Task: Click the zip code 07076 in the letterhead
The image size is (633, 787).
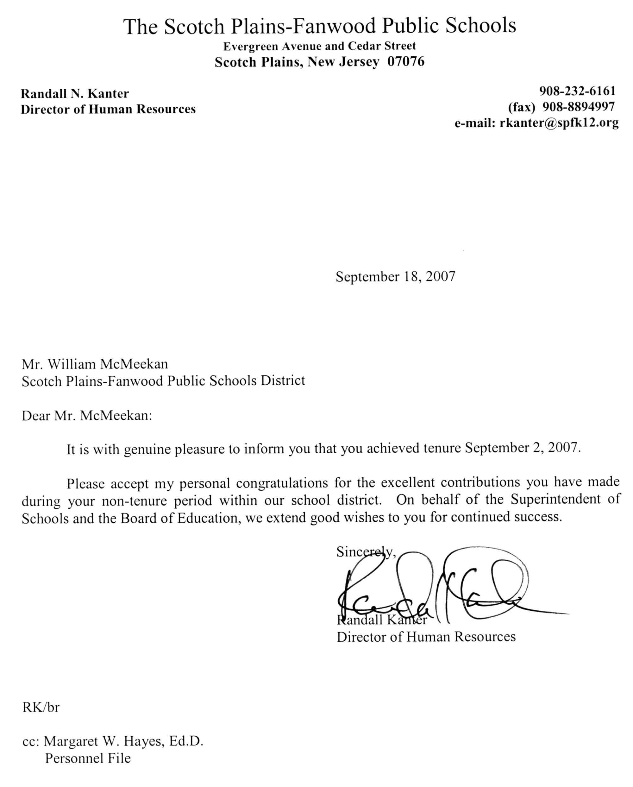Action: tap(406, 62)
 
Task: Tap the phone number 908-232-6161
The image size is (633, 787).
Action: tap(577, 91)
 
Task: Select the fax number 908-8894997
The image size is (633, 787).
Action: tap(579, 107)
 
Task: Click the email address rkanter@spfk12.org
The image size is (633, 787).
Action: tap(559, 123)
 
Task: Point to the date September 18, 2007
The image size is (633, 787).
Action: tap(396, 276)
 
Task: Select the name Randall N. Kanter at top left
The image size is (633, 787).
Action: tap(75, 94)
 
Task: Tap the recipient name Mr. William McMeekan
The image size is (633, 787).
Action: tap(95, 364)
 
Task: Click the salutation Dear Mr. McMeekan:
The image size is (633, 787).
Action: tap(87, 416)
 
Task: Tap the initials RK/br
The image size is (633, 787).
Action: tap(41, 708)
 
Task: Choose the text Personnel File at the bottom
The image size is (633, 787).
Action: tap(88, 758)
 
